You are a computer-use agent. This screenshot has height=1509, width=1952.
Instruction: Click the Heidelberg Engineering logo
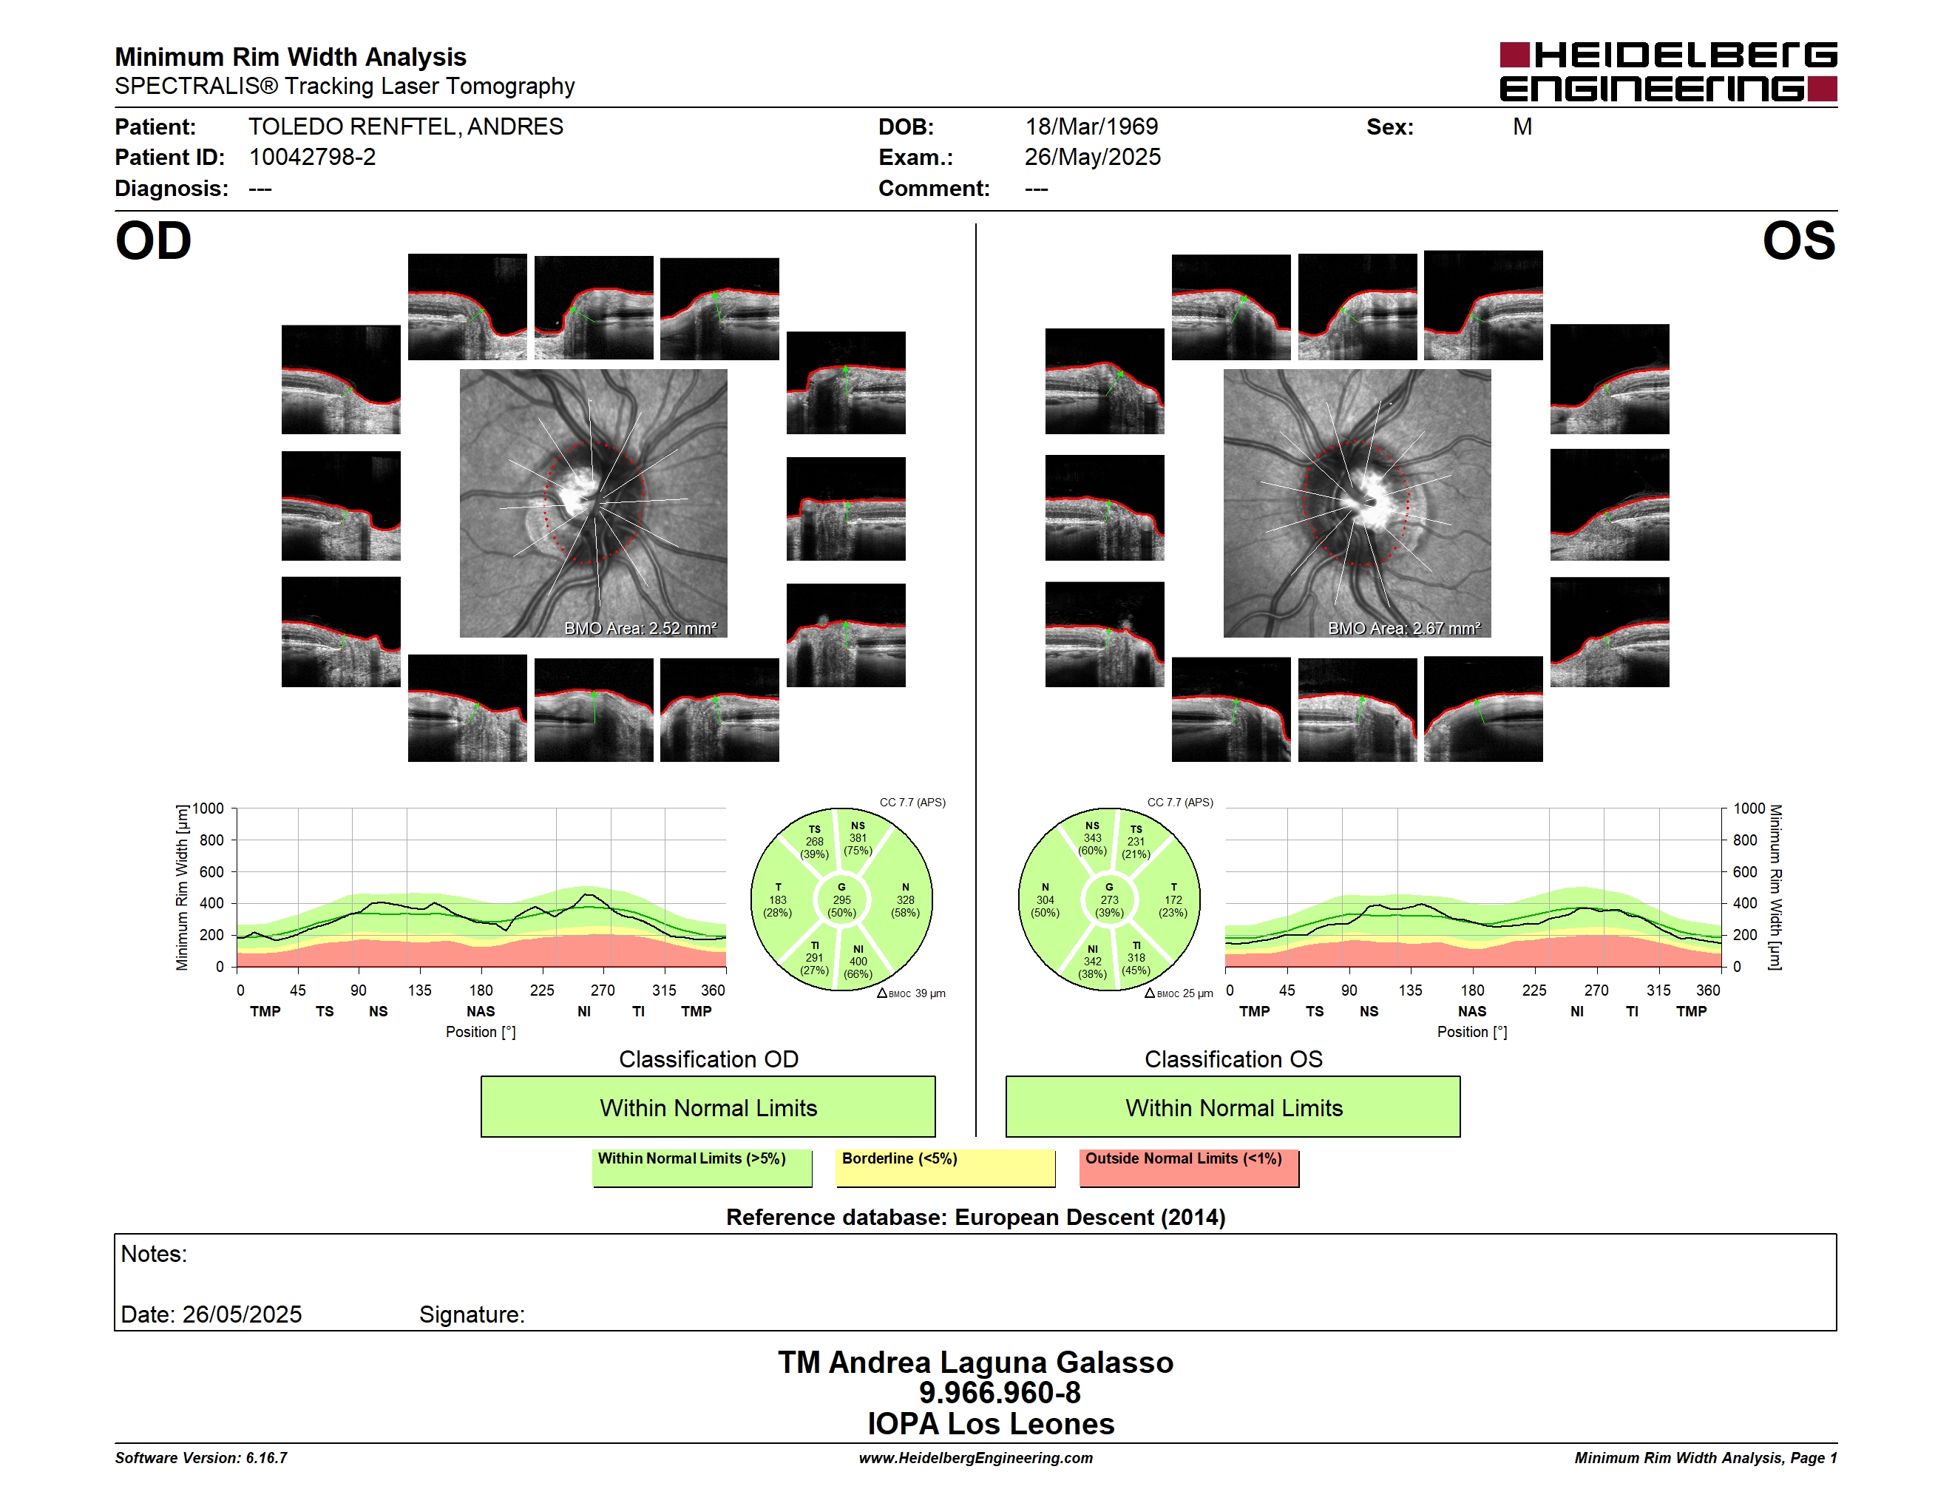1668,72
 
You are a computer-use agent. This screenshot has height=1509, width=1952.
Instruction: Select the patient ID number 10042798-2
312,158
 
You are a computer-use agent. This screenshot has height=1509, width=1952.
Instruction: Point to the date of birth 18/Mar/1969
1091,127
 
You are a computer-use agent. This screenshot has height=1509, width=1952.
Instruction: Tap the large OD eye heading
154,241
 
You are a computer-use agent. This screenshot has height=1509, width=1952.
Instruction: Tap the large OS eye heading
1798,241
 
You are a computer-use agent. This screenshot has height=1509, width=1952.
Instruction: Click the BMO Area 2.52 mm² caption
640,629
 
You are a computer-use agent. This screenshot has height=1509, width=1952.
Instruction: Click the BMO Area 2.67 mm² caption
1403,629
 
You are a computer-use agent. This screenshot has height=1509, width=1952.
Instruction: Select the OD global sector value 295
842,900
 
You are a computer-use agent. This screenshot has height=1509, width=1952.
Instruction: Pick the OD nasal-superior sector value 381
858,839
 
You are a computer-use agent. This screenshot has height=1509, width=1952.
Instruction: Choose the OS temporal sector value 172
1173,900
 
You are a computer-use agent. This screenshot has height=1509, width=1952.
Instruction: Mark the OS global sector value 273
1109,900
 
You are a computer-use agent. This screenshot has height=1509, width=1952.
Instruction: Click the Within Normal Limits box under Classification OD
708,1107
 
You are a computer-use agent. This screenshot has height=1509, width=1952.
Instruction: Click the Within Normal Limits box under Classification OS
1233,1107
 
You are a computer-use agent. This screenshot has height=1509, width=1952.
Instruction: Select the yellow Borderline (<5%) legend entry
946,1167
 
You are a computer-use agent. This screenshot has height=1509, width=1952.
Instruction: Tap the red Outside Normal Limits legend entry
1190,1167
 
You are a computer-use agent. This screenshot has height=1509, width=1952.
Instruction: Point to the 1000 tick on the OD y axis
209,809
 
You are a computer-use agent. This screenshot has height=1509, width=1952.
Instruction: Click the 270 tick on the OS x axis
1596,990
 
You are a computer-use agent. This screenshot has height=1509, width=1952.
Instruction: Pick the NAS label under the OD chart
481,1012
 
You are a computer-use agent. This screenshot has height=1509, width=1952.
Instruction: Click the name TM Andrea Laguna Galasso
975,1363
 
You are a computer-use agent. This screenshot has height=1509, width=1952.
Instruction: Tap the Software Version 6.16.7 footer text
201,1458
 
